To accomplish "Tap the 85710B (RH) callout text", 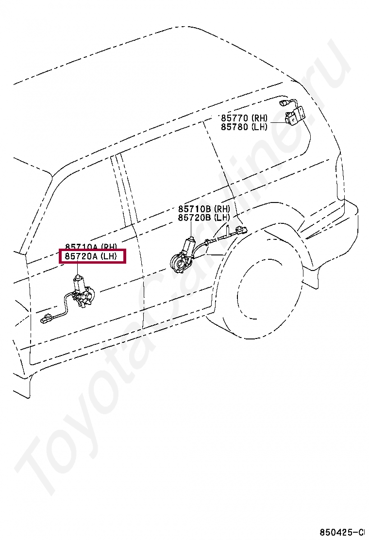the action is point(203,209).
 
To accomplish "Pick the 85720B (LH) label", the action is point(203,218).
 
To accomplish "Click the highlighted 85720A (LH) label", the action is point(92,256).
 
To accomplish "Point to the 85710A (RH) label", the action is point(92,247).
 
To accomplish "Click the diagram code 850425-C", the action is point(342,532).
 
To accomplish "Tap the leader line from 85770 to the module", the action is point(277,122).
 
